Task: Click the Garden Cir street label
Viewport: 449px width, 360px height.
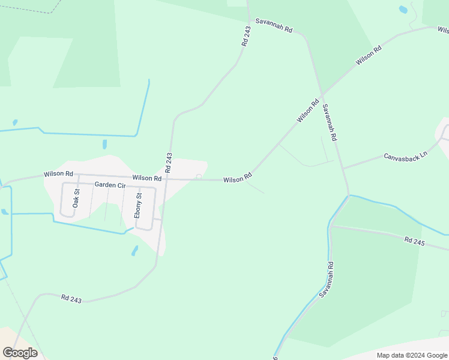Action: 109,185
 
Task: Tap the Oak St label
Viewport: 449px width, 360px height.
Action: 76,198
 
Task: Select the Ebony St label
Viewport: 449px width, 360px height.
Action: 139,205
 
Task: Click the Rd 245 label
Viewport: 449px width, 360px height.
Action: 414,241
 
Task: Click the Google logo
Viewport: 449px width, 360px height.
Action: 20,353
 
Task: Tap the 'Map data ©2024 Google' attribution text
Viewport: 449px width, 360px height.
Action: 412,355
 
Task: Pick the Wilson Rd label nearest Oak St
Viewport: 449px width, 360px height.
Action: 58,174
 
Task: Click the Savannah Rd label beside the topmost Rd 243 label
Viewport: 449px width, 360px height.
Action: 273,25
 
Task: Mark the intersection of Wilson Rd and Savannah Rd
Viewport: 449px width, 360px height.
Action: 322,94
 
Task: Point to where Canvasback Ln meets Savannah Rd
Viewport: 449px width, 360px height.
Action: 343,169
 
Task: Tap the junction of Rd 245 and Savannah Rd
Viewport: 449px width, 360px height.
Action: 332,226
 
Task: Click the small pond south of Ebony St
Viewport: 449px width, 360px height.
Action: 134,250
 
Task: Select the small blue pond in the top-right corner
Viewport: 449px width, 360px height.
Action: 403,10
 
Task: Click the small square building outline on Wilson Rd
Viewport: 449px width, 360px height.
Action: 199,176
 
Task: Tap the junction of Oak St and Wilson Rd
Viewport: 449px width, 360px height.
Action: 78,176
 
